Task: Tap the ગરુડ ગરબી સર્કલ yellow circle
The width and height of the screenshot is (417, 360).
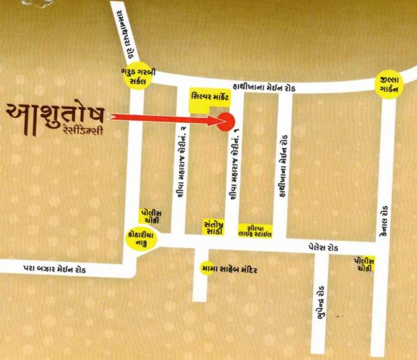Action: tap(135, 76)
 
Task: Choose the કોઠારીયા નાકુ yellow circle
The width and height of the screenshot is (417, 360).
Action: tap(136, 238)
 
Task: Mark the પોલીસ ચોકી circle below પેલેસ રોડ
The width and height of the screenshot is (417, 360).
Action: tap(362, 263)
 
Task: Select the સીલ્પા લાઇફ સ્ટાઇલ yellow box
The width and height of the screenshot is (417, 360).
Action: tap(254, 230)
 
